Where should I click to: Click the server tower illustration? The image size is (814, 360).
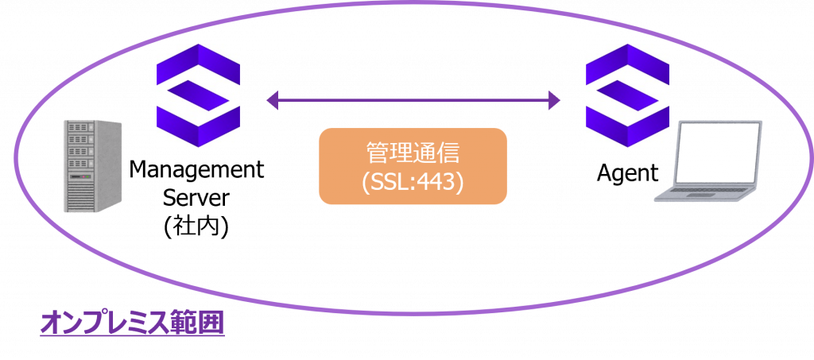point(92,165)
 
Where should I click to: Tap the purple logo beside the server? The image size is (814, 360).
point(198,95)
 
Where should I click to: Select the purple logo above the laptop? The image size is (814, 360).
point(627,95)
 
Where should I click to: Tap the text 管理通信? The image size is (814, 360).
point(412,152)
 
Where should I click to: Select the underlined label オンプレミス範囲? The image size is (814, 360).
point(132,323)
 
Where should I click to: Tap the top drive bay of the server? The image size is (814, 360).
point(79,127)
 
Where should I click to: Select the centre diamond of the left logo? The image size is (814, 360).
point(198,96)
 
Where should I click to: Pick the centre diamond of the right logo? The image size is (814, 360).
point(627,96)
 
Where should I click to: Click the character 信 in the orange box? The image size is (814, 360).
point(450,152)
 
